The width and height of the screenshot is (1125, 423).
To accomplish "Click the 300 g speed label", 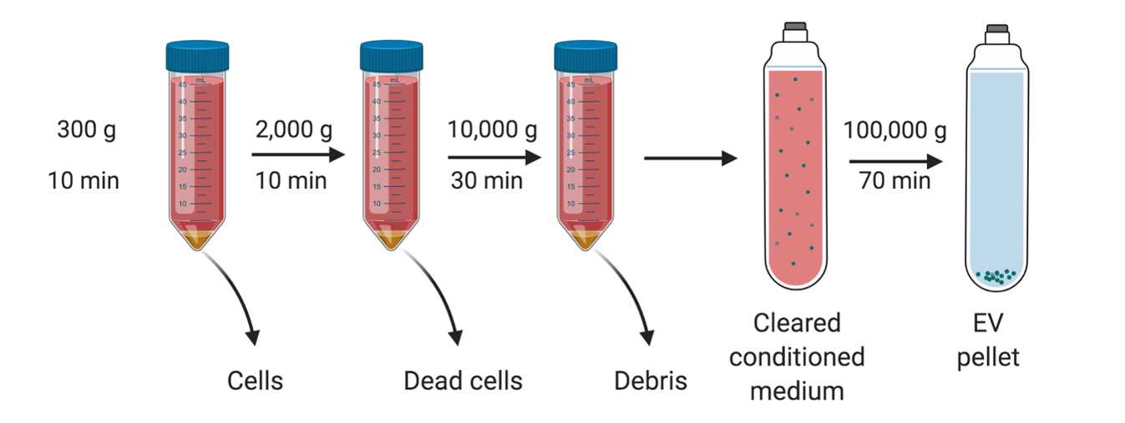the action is point(86,130).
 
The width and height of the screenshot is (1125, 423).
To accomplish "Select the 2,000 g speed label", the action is point(294,130).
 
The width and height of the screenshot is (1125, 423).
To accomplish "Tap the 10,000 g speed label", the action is point(492,130).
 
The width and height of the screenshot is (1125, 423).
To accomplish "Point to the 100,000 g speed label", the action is point(895,130).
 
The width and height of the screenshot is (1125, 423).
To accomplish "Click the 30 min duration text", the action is point(486,181).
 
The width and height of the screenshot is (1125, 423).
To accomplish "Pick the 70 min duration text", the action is point(894,181).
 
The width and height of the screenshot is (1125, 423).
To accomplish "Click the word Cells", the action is point(255,380).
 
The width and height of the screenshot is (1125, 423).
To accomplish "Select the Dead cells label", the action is point(463,380).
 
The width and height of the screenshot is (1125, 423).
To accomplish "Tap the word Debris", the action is point(651,380).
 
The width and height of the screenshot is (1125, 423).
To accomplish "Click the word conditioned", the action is point(797,357).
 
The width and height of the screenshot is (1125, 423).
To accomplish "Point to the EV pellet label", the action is point(988,340).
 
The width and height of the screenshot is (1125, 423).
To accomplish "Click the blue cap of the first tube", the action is point(197,56).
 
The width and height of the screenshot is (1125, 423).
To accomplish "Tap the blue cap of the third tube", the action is point(585,56).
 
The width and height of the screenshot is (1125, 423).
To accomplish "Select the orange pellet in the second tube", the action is point(391,239).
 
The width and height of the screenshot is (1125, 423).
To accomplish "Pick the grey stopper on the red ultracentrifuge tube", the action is point(796,26).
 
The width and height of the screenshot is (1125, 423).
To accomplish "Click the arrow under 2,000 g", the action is point(298,154).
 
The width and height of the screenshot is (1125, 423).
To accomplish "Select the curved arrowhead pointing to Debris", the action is point(648,338).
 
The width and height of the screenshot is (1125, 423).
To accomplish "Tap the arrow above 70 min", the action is point(895,162).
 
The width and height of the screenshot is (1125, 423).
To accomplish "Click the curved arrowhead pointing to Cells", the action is point(254,338).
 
